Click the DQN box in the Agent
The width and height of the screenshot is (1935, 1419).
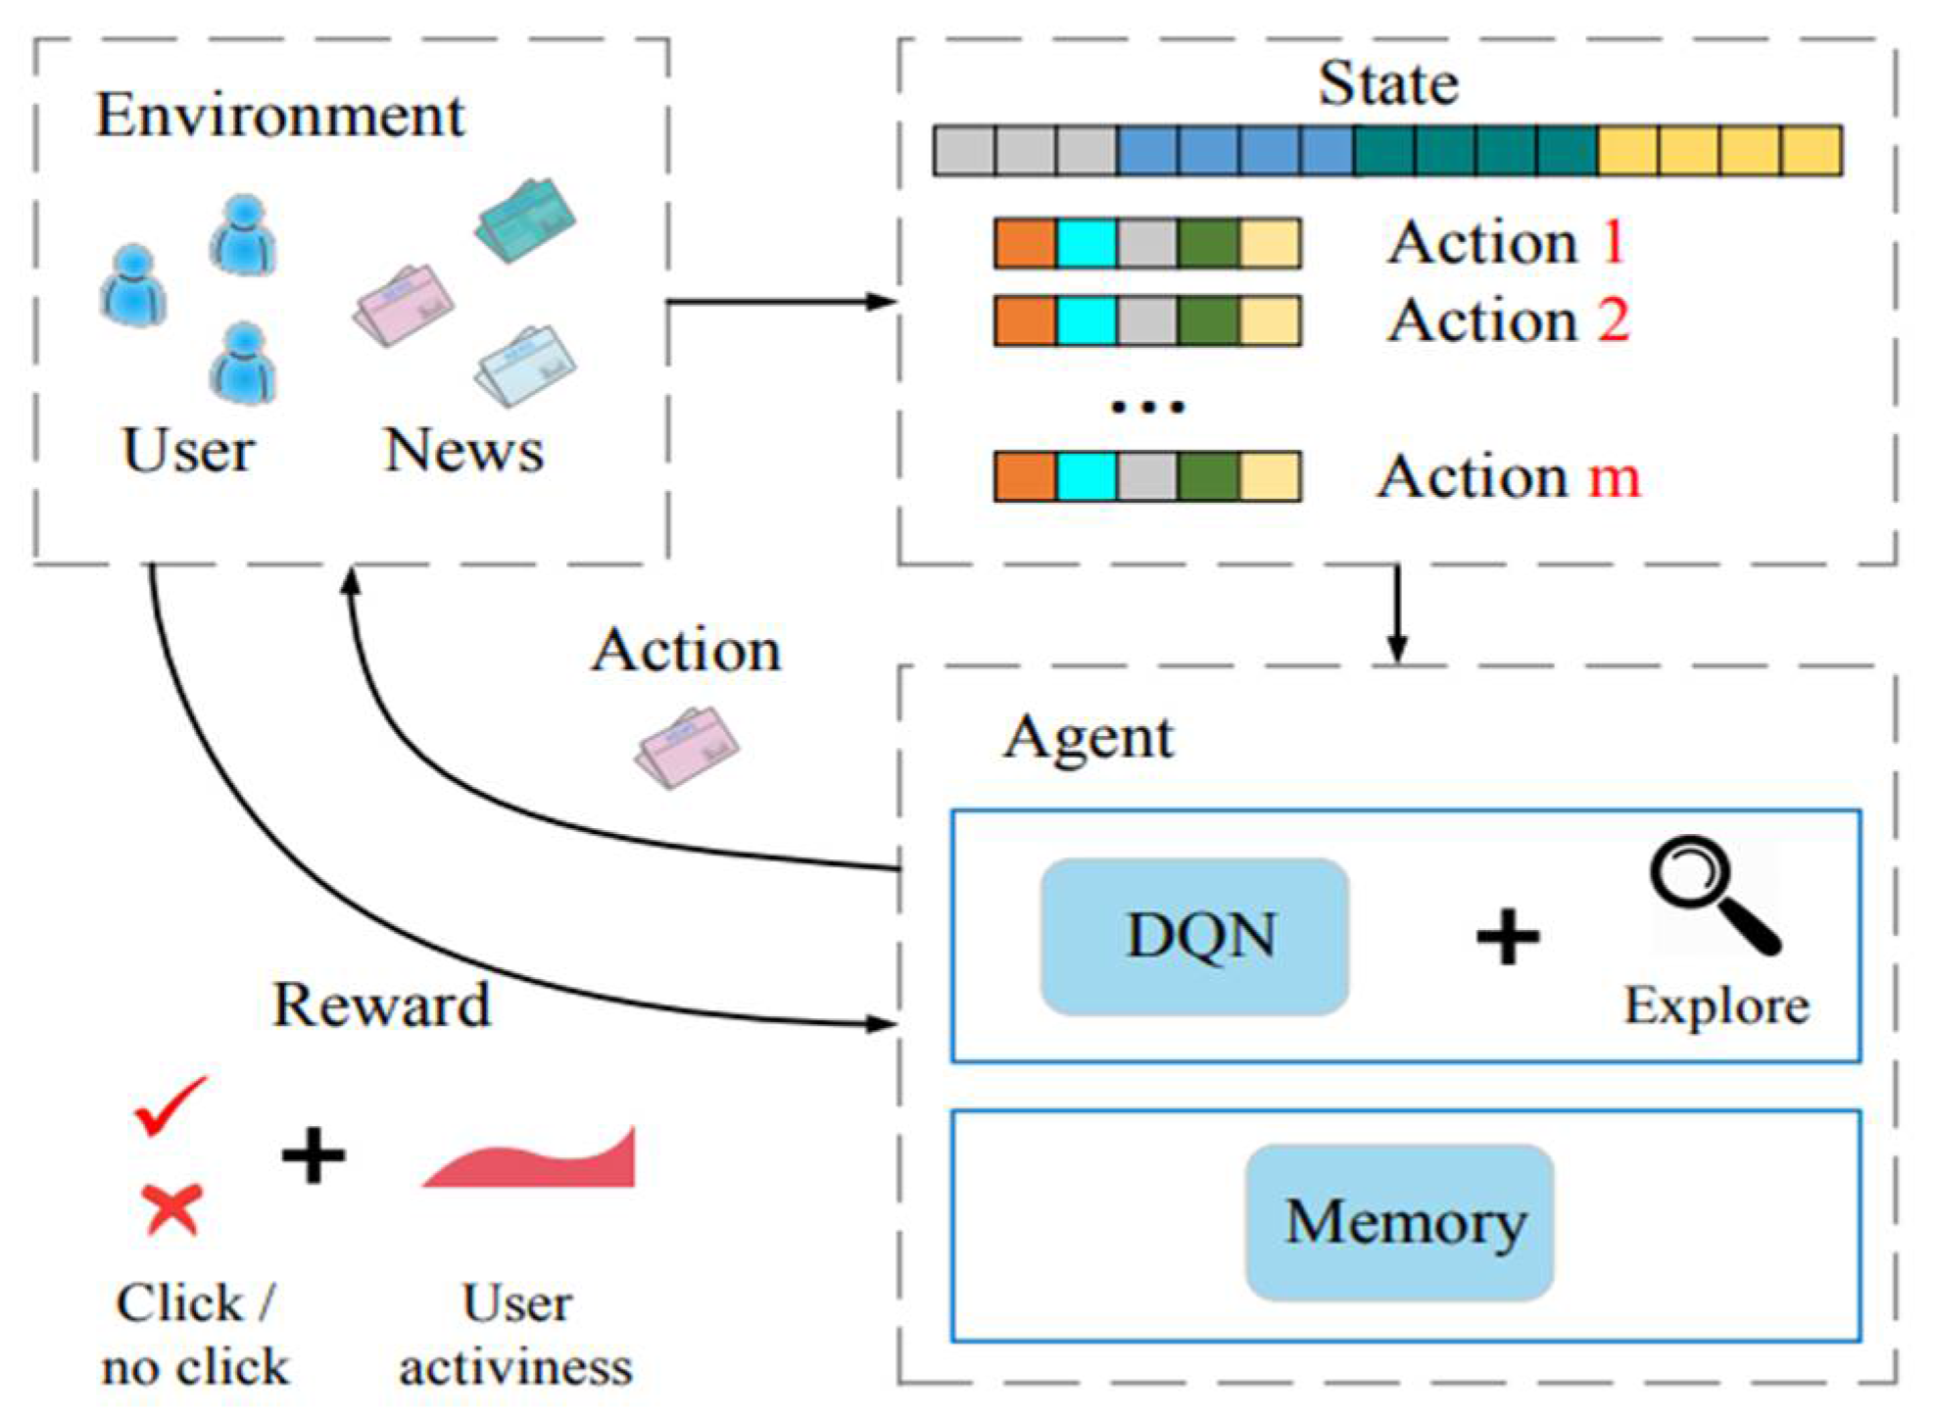pyautogui.click(x=1194, y=936)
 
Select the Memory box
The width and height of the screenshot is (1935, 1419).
pyautogui.click(x=1399, y=1222)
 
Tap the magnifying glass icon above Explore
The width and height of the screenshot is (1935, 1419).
pyautogui.click(x=1715, y=895)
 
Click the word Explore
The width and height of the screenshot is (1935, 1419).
pyautogui.click(x=1717, y=1006)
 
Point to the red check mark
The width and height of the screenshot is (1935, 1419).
pyautogui.click(x=171, y=1105)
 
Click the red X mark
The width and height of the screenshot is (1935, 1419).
pyautogui.click(x=171, y=1208)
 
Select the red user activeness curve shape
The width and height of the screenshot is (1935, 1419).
pyautogui.click(x=530, y=1158)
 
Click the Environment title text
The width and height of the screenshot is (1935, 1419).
pyautogui.click(x=280, y=116)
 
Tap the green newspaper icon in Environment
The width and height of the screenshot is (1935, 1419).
pyautogui.click(x=525, y=220)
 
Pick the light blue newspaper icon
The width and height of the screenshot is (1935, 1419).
pyautogui.click(x=525, y=366)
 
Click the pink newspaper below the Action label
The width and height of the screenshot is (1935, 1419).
pyautogui.click(x=687, y=747)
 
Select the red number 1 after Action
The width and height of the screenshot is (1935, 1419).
pyautogui.click(x=1614, y=242)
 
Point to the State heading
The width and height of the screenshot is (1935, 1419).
pyautogui.click(x=1388, y=83)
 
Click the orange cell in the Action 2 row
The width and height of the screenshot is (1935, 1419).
pyautogui.click(x=1026, y=321)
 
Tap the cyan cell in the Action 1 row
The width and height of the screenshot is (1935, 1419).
pyautogui.click(x=1087, y=243)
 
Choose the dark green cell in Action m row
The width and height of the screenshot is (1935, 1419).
pyautogui.click(x=1209, y=477)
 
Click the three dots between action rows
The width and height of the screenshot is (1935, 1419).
pyautogui.click(x=1147, y=406)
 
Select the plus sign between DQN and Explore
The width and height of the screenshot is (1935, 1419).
pyautogui.click(x=1508, y=937)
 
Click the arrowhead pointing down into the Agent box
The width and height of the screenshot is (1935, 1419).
pyautogui.click(x=1398, y=649)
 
